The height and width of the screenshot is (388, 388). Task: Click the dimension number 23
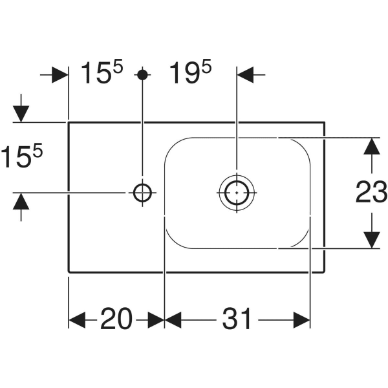point(372,192)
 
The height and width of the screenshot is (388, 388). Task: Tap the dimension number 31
point(237,319)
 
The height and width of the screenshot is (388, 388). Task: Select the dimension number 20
point(116,319)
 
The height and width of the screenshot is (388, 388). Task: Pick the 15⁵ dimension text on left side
point(21,157)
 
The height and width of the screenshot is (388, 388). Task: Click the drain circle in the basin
point(237,192)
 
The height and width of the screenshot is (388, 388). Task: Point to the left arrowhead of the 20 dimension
point(77,319)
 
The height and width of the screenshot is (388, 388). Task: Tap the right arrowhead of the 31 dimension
point(303,319)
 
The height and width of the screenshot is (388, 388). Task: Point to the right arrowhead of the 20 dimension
point(156,319)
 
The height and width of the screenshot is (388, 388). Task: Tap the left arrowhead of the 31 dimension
point(173,319)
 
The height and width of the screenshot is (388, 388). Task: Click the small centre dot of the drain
point(237,192)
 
